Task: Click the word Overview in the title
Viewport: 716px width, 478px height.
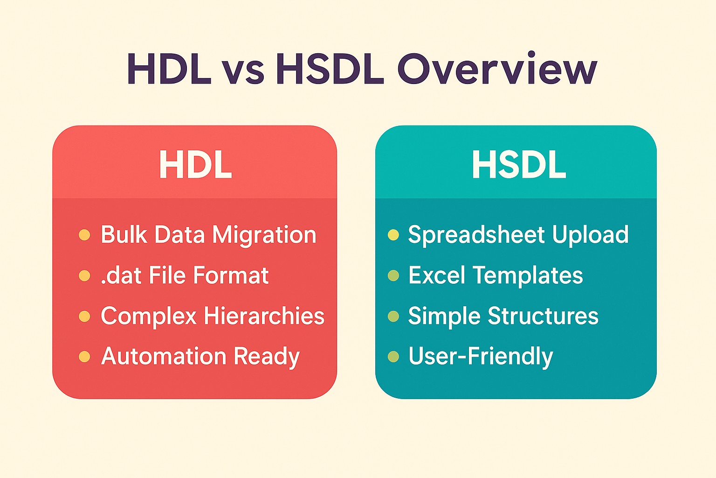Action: pyautogui.click(x=497, y=68)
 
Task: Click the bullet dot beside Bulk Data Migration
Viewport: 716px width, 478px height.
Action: pyautogui.click(x=84, y=235)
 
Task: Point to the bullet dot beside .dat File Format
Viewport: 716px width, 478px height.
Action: pyautogui.click(x=84, y=276)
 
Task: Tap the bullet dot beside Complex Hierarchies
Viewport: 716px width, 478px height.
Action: pyautogui.click(x=84, y=316)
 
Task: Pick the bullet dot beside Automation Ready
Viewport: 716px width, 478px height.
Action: pyautogui.click(x=84, y=357)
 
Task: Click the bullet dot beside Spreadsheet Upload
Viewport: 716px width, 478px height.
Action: pyautogui.click(x=393, y=235)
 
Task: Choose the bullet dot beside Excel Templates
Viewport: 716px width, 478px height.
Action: pyautogui.click(x=393, y=276)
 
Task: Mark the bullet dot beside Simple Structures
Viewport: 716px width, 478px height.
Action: pyautogui.click(x=393, y=316)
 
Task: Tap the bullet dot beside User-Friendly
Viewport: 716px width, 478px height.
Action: pyautogui.click(x=393, y=357)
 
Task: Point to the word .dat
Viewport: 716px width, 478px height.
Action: pyautogui.click(x=121, y=275)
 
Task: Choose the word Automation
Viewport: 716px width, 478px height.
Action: pyautogui.click(x=164, y=356)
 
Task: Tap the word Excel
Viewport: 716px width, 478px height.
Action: pyautogui.click(x=437, y=275)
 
